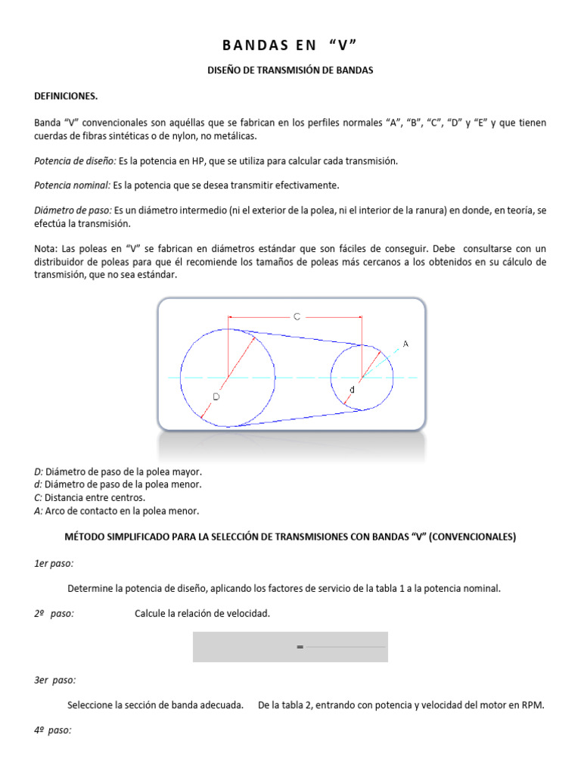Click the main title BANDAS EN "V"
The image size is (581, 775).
click(x=290, y=45)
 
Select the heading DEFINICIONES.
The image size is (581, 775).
click(x=66, y=96)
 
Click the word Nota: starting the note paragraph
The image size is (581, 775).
click(x=46, y=249)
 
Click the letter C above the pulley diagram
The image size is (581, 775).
click(x=297, y=317)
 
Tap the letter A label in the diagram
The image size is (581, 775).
click(x=405, y=344)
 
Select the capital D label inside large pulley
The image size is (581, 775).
click(x=216, y=396)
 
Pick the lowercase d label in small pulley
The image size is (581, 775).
click(x=351, y=390)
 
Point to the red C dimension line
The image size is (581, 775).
click(x=257, y=317)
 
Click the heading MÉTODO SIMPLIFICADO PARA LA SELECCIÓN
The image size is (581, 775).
click(x=290, y=537)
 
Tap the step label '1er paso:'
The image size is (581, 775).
click(x=54, y=563)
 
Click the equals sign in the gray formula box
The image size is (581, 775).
click(x=300, y=648)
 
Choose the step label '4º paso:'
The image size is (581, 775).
click(x=53, y=730)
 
